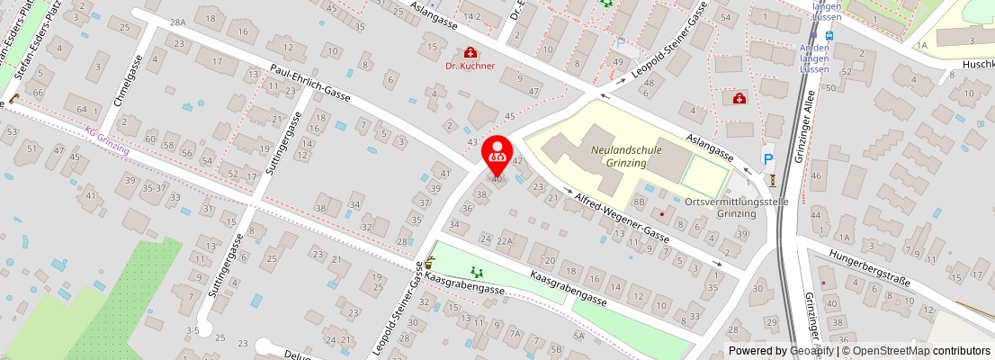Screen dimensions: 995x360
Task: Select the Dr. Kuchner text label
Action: [471, 66]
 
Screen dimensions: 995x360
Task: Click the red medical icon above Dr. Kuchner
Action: [470, 52]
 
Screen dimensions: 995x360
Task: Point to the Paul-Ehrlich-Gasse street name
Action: [310, 82]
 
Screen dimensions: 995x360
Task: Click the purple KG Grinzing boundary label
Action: [107, 139]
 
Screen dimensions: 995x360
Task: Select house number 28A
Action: [177, 22]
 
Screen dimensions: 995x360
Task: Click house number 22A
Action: [505, 241]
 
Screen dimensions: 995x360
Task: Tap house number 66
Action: [38, 94]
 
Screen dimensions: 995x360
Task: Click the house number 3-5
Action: [193, 330]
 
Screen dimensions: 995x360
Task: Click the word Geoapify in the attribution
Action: [812, 351]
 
